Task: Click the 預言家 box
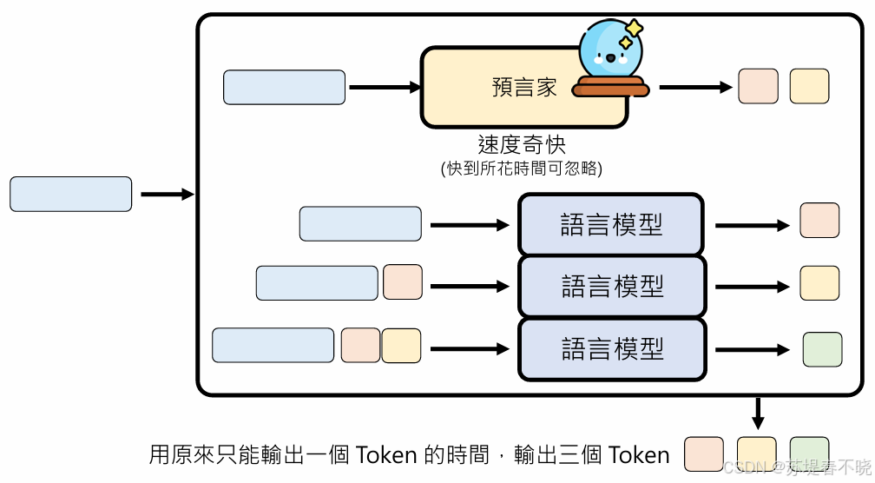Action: click(512, 88)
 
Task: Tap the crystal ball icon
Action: click(610, 52)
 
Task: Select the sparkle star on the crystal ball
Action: click(634, 29)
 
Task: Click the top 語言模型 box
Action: click(611, 225)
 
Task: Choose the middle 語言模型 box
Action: click(611, 286)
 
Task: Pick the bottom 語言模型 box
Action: click(611, 348)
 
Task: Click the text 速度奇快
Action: click(522, 144)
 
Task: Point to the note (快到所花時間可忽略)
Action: click(522, 169)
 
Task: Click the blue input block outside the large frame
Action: click(70, 194)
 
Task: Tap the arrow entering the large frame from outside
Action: click(167, 194)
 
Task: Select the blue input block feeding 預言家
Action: click(284, 87)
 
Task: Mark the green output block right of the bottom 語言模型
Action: click(822, 349)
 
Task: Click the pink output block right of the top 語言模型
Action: click(819, 221)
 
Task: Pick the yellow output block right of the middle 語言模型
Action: click(819, 283)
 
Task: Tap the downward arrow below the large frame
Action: click(758, 414)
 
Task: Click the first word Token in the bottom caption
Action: click(387, 454)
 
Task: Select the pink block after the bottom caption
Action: click(704, 454)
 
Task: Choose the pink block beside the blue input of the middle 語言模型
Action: click(403, 282)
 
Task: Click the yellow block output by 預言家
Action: click(809, 87)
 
